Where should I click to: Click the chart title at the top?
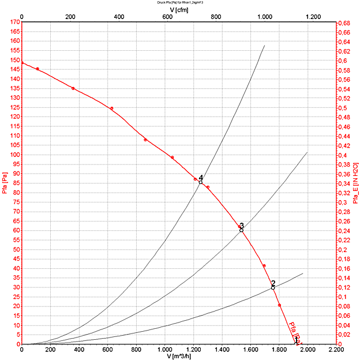click(181, 2)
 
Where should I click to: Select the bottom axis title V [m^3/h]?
click(179, 356)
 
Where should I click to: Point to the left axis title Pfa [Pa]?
click(5, 183)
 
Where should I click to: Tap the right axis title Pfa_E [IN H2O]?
click(355, 183)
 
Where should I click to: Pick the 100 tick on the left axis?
click(14, 155)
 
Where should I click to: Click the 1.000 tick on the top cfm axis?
click(264, 18)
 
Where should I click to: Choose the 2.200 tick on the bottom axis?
click(335, 349)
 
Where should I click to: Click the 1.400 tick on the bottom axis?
click(222, 349)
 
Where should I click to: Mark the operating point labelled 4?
click(200, 182)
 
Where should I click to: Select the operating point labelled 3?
click(241, 230)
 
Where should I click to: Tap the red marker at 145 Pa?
click(37, 69)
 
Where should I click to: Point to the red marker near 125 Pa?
click(111, 108)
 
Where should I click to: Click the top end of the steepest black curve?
click(264, 45)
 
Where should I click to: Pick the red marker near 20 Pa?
click(279, 305)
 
